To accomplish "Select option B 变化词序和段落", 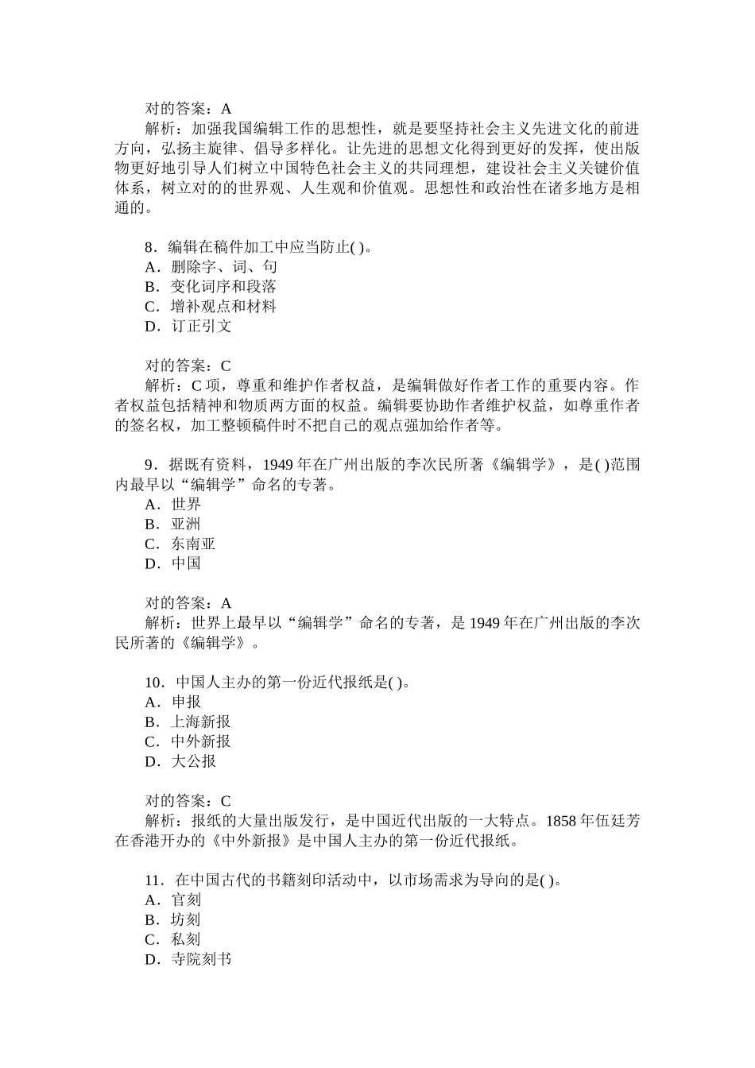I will pos(211,287).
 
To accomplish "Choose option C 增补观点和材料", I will pos(211,307).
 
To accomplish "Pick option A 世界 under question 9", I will pos(173,505).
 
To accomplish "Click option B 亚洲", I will pos(173,524).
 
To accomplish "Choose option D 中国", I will pos(173,563).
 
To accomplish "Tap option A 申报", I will pos(173,702).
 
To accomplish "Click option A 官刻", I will pos(173,900).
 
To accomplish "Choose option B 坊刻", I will pos(173,920).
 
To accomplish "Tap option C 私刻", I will pos(173,939).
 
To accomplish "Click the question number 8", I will pos(149,247).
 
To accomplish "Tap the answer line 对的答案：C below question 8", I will pos(188,366).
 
